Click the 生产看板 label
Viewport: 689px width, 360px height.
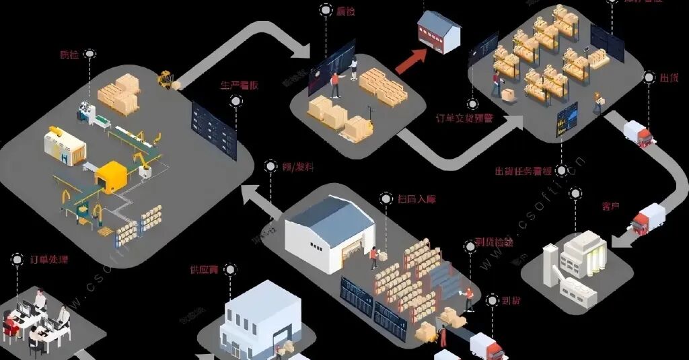tap(240, 86)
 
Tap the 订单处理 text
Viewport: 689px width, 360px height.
tap(49, 259)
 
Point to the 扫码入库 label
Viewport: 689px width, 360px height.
tap(416, 199)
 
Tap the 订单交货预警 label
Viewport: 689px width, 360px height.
tap(464, 118)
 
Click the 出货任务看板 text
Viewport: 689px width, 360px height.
tap(524, 171)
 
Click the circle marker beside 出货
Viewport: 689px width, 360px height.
tap(649, 77)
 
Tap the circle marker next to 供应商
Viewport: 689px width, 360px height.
tap(230, 270)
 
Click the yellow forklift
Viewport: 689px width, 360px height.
tap(166, 79)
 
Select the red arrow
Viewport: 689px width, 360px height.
tap(410, 61)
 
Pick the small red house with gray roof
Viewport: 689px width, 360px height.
tap(439, 31)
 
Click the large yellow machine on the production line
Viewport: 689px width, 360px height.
tap(112, 176)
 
